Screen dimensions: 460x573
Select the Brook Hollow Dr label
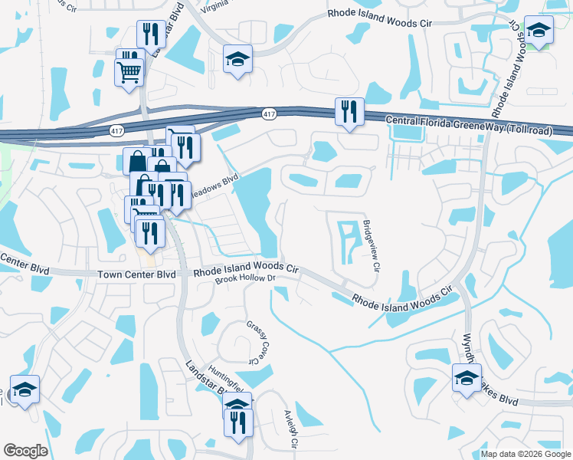[244, 279]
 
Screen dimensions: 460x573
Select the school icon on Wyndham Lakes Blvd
[467, 378]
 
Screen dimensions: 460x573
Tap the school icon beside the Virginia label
[238, 58]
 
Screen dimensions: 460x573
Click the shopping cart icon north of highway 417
[129, 72]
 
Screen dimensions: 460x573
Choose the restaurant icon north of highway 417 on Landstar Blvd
[149, 34]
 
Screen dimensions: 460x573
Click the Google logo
[25, 450]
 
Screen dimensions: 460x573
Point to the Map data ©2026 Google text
[525, 454]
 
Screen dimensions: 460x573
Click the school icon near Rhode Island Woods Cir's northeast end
[539, 31]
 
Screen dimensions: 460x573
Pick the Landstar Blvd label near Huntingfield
[203, 379]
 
